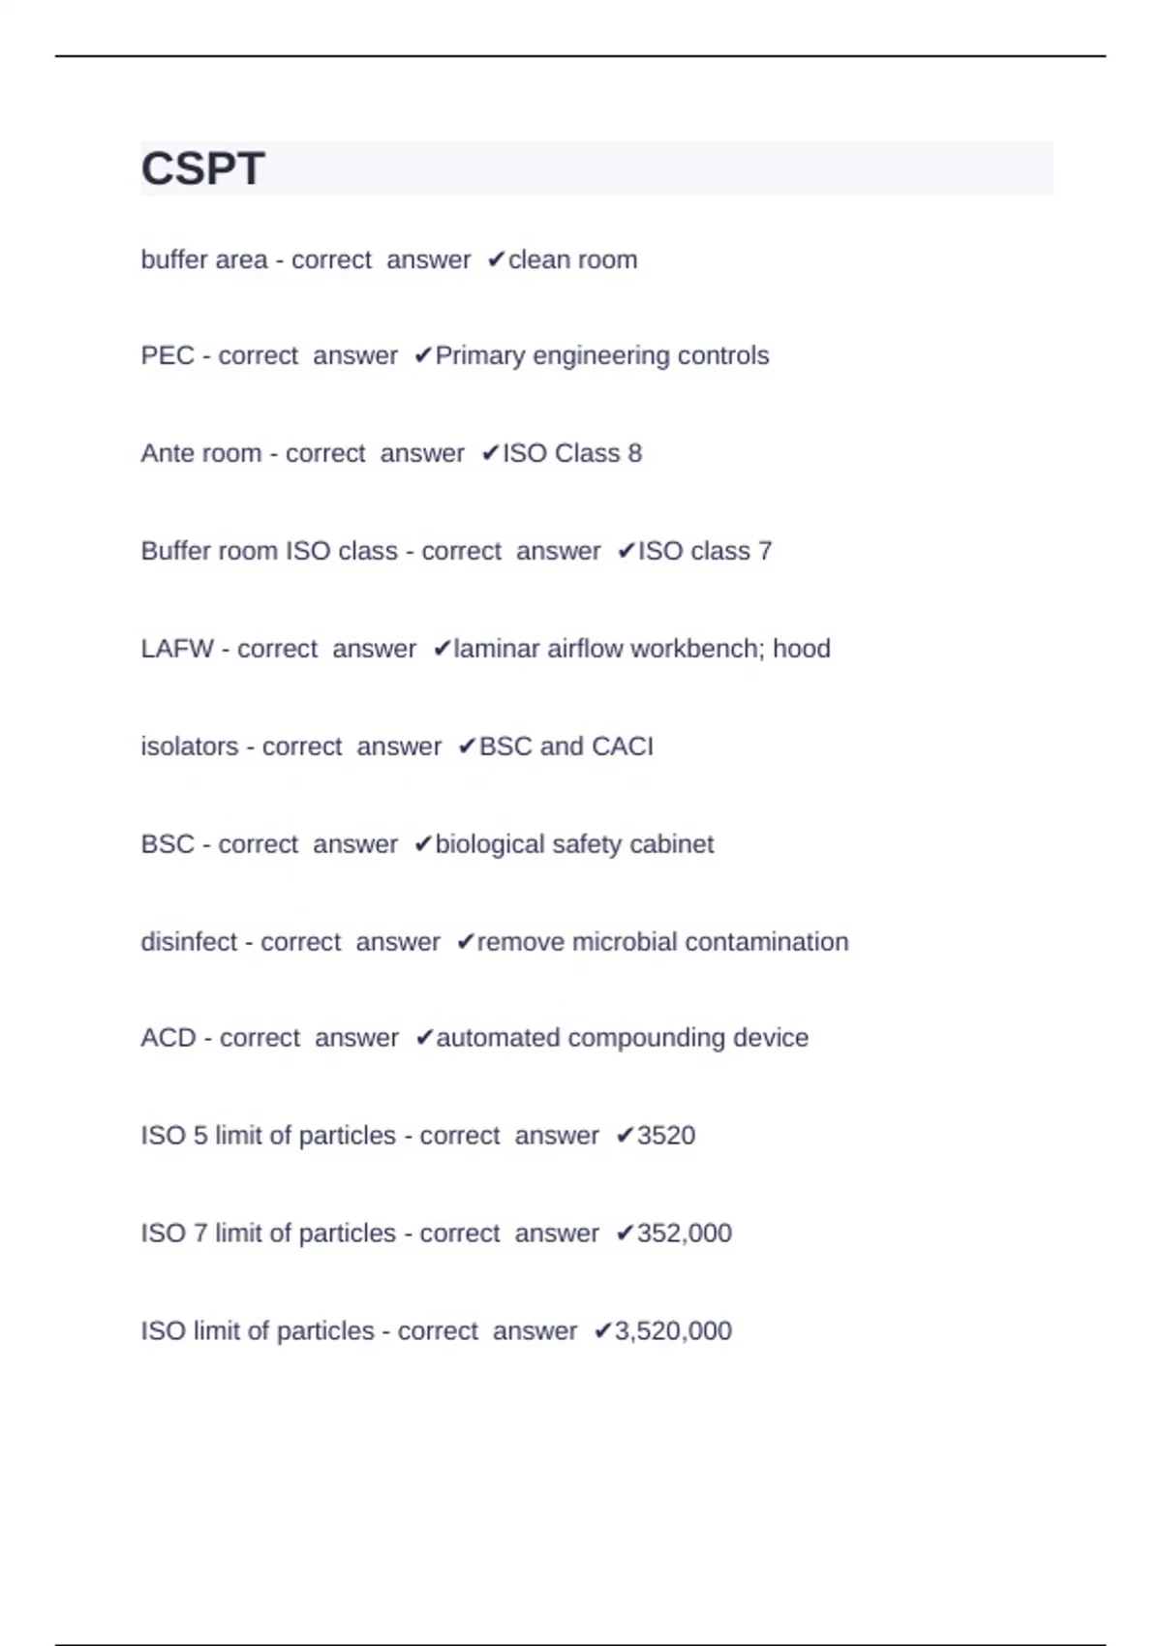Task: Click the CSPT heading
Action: pos(202,168)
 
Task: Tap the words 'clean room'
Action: pos(572,259)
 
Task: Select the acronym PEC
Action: pos(168,355)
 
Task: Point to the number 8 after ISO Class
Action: pos(634,453)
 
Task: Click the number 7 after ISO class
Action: pos(765,551)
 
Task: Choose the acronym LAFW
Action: pos(177,649)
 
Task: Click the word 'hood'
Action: pos(802,649)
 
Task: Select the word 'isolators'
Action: pos(190,747)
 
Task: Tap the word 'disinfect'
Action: pos(189,941)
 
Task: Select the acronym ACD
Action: pos(168,1038)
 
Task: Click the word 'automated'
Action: pos(498,1038)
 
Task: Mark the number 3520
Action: pos(666,1135)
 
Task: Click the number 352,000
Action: pos(684,1233)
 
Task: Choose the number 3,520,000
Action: pos(673,1330)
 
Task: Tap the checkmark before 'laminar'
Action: pos(442,649)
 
